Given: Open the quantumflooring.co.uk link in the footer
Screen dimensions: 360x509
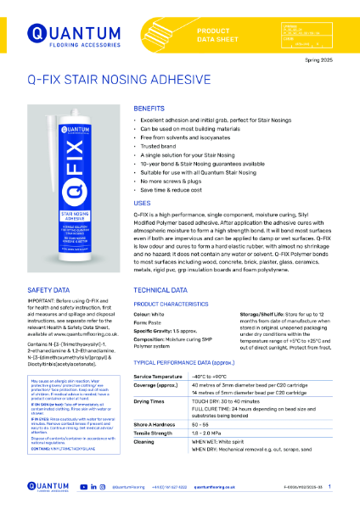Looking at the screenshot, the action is [218, 486].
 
